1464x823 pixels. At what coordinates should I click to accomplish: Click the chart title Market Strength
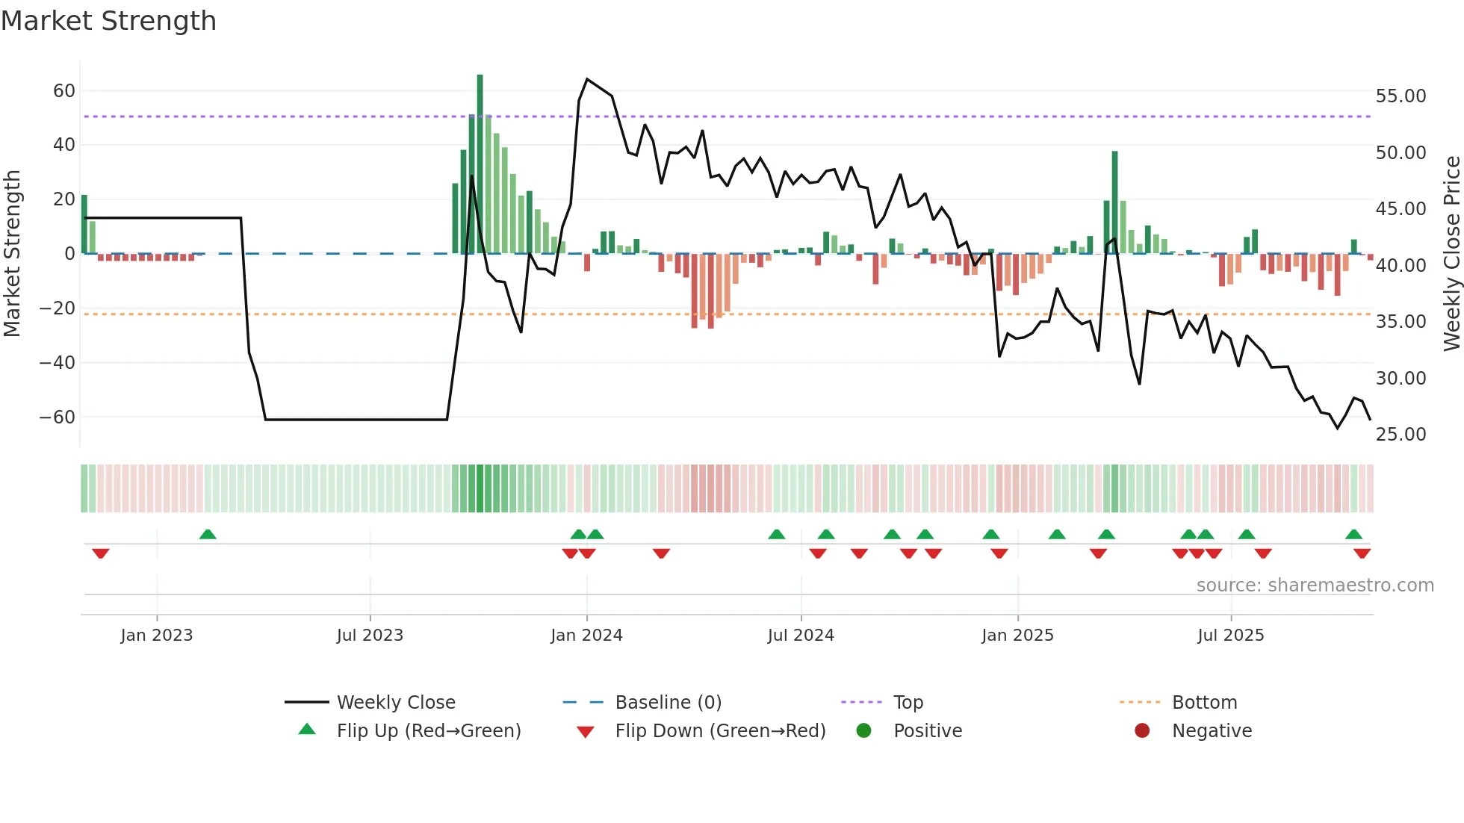tap(108, 21)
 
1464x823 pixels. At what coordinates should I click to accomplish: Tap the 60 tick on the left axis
tap(64, 91)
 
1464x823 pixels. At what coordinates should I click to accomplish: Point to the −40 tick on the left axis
tap(58, 363)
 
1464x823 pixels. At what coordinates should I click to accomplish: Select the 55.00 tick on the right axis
tap(1401, 96)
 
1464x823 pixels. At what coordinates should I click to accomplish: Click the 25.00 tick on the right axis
tap(1401, 435)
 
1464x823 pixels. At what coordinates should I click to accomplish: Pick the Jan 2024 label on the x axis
tap(586, 636)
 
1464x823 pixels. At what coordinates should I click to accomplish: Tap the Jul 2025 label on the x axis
tap(1230, 636)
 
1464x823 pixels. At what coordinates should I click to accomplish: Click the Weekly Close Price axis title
tap(1451, 254)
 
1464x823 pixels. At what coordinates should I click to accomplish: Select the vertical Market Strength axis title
tap(13, 254)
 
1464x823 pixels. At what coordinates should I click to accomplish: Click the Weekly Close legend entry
tap(395, 703)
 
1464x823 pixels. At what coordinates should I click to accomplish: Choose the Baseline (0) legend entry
tap(668, 703)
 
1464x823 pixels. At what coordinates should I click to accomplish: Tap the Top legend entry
tap(908, 703)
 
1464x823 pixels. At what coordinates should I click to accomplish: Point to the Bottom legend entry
tap(1204, 703)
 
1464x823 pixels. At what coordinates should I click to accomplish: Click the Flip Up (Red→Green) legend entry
tap(428, 731)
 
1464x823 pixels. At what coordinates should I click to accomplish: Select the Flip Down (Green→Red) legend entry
tap(720, 731)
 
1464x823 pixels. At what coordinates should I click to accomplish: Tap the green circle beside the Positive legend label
tap(863, 731)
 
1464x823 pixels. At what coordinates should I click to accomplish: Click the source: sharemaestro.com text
tap(1315, 586)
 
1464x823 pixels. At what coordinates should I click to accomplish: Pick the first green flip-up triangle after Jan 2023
tap(208, 535)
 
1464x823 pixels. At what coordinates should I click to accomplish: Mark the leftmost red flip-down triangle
tap(101, 553)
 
